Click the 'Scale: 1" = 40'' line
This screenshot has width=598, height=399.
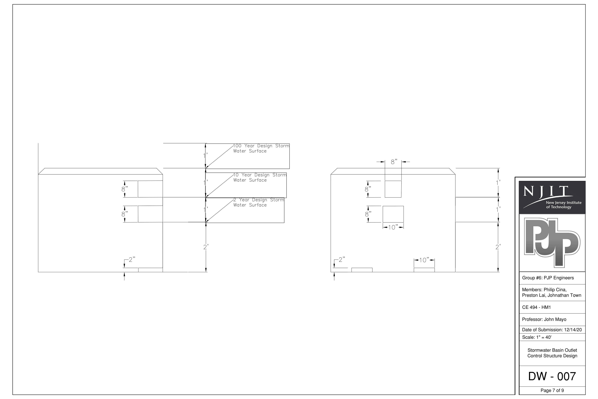coord(536,337)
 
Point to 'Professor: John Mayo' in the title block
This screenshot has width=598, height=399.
coord(544,319)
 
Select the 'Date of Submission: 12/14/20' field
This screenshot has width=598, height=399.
coord(552,330)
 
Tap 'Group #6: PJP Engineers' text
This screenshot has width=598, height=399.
coord(548,278)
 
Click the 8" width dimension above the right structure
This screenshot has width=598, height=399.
coord(394,162)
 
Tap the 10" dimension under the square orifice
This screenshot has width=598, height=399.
coord(393,227)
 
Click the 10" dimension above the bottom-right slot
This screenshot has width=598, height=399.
coord(424,260)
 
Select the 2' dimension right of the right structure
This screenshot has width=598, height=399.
coord(498,247)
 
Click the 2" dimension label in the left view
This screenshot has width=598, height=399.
coord(132,260)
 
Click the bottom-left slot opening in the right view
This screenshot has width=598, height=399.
coord(362,270)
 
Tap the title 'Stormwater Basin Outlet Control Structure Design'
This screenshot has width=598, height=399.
coord(552,353)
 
